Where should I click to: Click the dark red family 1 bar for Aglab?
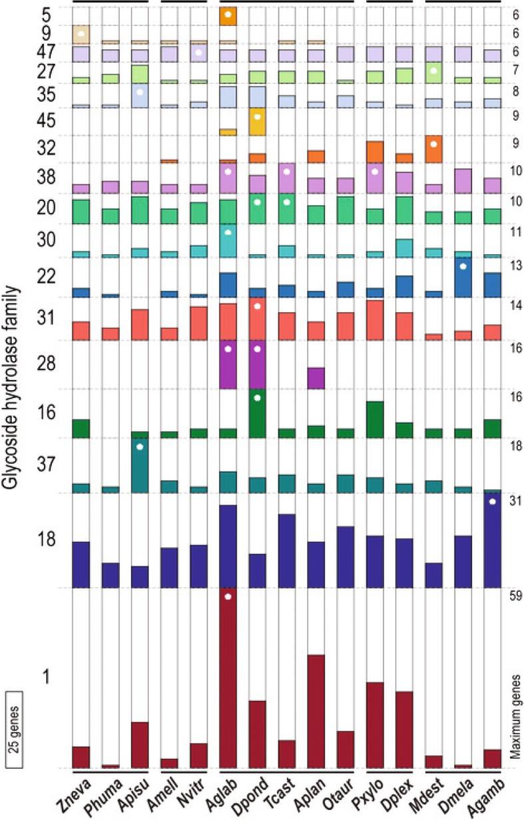tap(228, 679)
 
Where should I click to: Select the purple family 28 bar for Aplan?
tap(316, 378)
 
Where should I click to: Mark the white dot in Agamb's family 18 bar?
tap(492, 501)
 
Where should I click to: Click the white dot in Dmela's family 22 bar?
tap(463, 266)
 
